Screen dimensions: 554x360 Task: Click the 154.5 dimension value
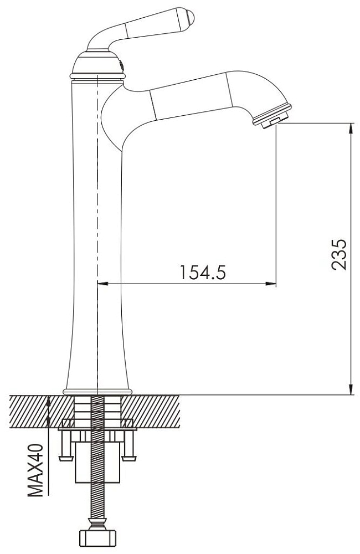click(x=203, y=272)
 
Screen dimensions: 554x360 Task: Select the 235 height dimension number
click(x=338, y=254)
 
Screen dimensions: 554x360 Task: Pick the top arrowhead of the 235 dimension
click(x=350, y=128)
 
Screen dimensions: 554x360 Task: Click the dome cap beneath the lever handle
click(x=97, y=62)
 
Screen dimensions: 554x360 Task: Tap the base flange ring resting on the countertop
click(x=97, y=392)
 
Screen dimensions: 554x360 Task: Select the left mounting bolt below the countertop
click(x=67, y=446)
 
